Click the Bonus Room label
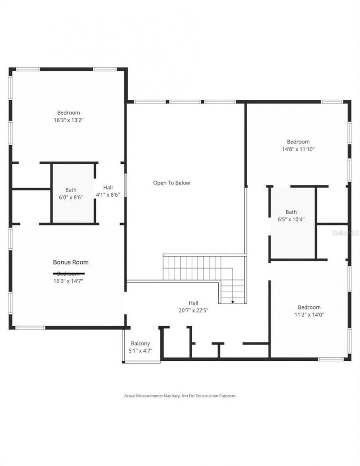71,262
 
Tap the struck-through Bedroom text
68,273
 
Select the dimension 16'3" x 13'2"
68,120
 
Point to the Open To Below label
171,183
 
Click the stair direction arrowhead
233,301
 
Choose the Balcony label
140,343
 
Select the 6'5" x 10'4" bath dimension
291,220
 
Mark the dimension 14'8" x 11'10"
298,149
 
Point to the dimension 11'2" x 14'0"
309,315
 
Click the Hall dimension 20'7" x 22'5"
193,310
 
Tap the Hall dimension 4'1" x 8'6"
108,195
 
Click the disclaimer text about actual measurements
180,396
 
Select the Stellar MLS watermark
345,233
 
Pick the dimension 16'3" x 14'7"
68,281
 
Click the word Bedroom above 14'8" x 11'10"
298,142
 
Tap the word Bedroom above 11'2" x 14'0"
309,307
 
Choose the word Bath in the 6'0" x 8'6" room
71,190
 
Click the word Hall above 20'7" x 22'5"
193,303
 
